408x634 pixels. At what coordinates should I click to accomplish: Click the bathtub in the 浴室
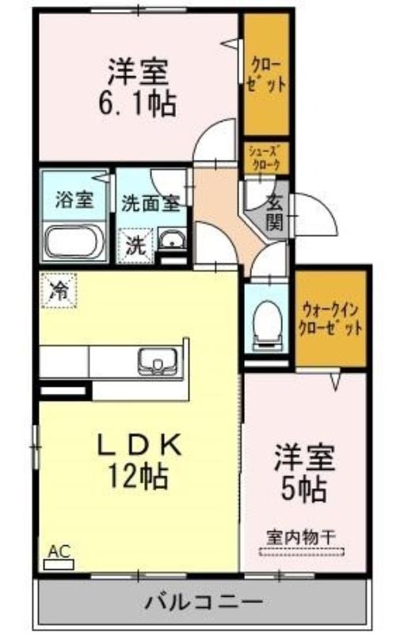pos(74,242)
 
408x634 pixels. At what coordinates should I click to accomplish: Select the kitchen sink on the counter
pos(158,361)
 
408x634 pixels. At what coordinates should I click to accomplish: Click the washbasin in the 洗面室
pos(171,239)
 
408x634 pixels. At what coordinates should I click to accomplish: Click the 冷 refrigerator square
pos(59,290)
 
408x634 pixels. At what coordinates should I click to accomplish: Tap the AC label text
pos(59,551)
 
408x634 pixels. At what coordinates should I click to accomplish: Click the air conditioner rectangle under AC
pos(59,564)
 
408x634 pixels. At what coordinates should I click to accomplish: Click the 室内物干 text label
pos(301,537)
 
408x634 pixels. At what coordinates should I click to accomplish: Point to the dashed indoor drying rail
pos(301,551)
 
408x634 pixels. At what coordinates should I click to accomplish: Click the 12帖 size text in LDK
pos(138,476)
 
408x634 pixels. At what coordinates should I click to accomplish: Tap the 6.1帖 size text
pos(138,104)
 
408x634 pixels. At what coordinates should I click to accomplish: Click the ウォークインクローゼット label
pos(330,319)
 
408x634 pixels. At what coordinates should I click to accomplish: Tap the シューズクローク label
pos(265,158)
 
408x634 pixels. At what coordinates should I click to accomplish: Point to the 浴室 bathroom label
pos(74,200)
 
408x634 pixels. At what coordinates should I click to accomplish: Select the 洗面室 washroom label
pos(151,204)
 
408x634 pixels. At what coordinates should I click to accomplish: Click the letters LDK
pos(138,445)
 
